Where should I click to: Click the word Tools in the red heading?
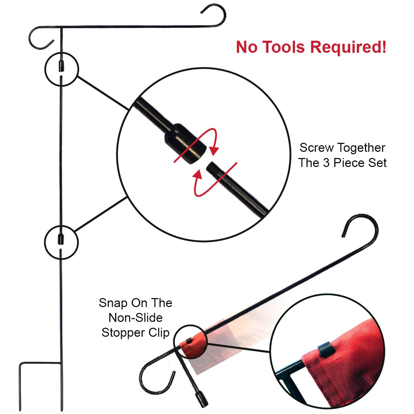pyautogui.click(x=284, y=47)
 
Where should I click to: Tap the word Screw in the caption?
pyautogui.click(x=317, y=148)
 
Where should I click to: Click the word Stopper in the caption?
pyautogui.click(x=121, y=333)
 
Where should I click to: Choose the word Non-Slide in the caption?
pyautogui.click(x=136, y=318)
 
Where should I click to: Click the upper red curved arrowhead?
pyautogui.click(x=214, y=150)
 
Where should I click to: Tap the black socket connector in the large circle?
pyautogui.click(x=185, y=144)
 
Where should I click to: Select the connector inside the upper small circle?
pyautogui.click(x=61, y=66)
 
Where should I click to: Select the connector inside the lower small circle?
pyautogui.click(x=61, y=239)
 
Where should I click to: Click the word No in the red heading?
pyautogui.click(x=247, y=47)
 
